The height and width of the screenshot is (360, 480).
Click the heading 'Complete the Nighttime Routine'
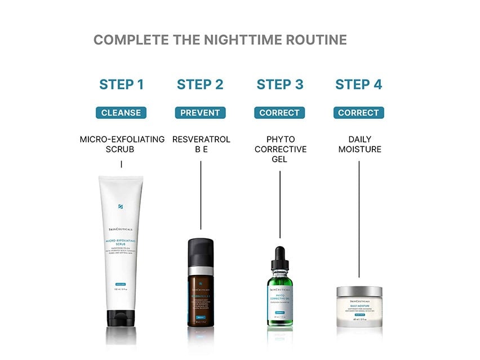coord(220,40)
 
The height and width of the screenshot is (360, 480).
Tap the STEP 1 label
coord(121,85)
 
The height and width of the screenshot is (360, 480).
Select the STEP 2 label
coord(200,85)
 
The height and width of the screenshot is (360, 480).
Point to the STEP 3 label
coord(280,85)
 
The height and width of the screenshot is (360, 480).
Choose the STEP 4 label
coord(358,85)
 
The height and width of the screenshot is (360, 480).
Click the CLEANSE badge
coord(121,113)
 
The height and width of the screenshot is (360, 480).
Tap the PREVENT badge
coord(200,113)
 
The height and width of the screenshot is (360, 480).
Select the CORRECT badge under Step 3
coord(279,113)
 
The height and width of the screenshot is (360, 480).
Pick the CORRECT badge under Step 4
coord(358,113)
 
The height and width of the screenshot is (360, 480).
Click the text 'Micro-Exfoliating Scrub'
coord(122,144)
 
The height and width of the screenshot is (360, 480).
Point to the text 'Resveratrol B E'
coord(201,144)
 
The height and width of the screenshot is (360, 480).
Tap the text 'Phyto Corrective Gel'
coord(281,149)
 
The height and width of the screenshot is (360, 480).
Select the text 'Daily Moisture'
coord(359,144)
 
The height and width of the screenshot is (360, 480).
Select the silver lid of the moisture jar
coord(359,291)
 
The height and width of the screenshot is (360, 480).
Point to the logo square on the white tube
coord(121,207)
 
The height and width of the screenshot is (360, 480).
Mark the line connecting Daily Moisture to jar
coord(359,220)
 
